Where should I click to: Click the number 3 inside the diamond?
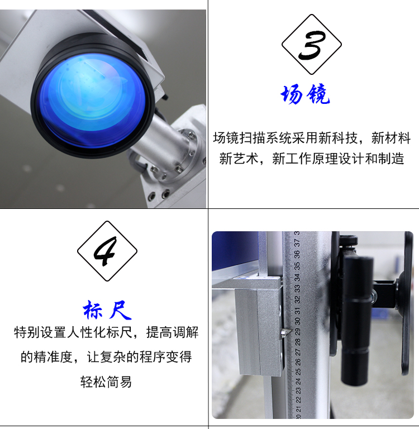tap(312, 45)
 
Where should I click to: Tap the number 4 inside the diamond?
tap(106, 251)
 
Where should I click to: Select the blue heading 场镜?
tap(305, 94)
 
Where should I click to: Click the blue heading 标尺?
tap(107, 310)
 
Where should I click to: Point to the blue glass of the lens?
tap(93, 101)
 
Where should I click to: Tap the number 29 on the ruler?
tap(297, 332)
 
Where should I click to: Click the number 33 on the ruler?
tap(297, 289)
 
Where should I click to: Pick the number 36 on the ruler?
tap(297, 255)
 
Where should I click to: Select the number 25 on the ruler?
tap(298, 372)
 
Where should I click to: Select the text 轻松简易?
tap(106, 382)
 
